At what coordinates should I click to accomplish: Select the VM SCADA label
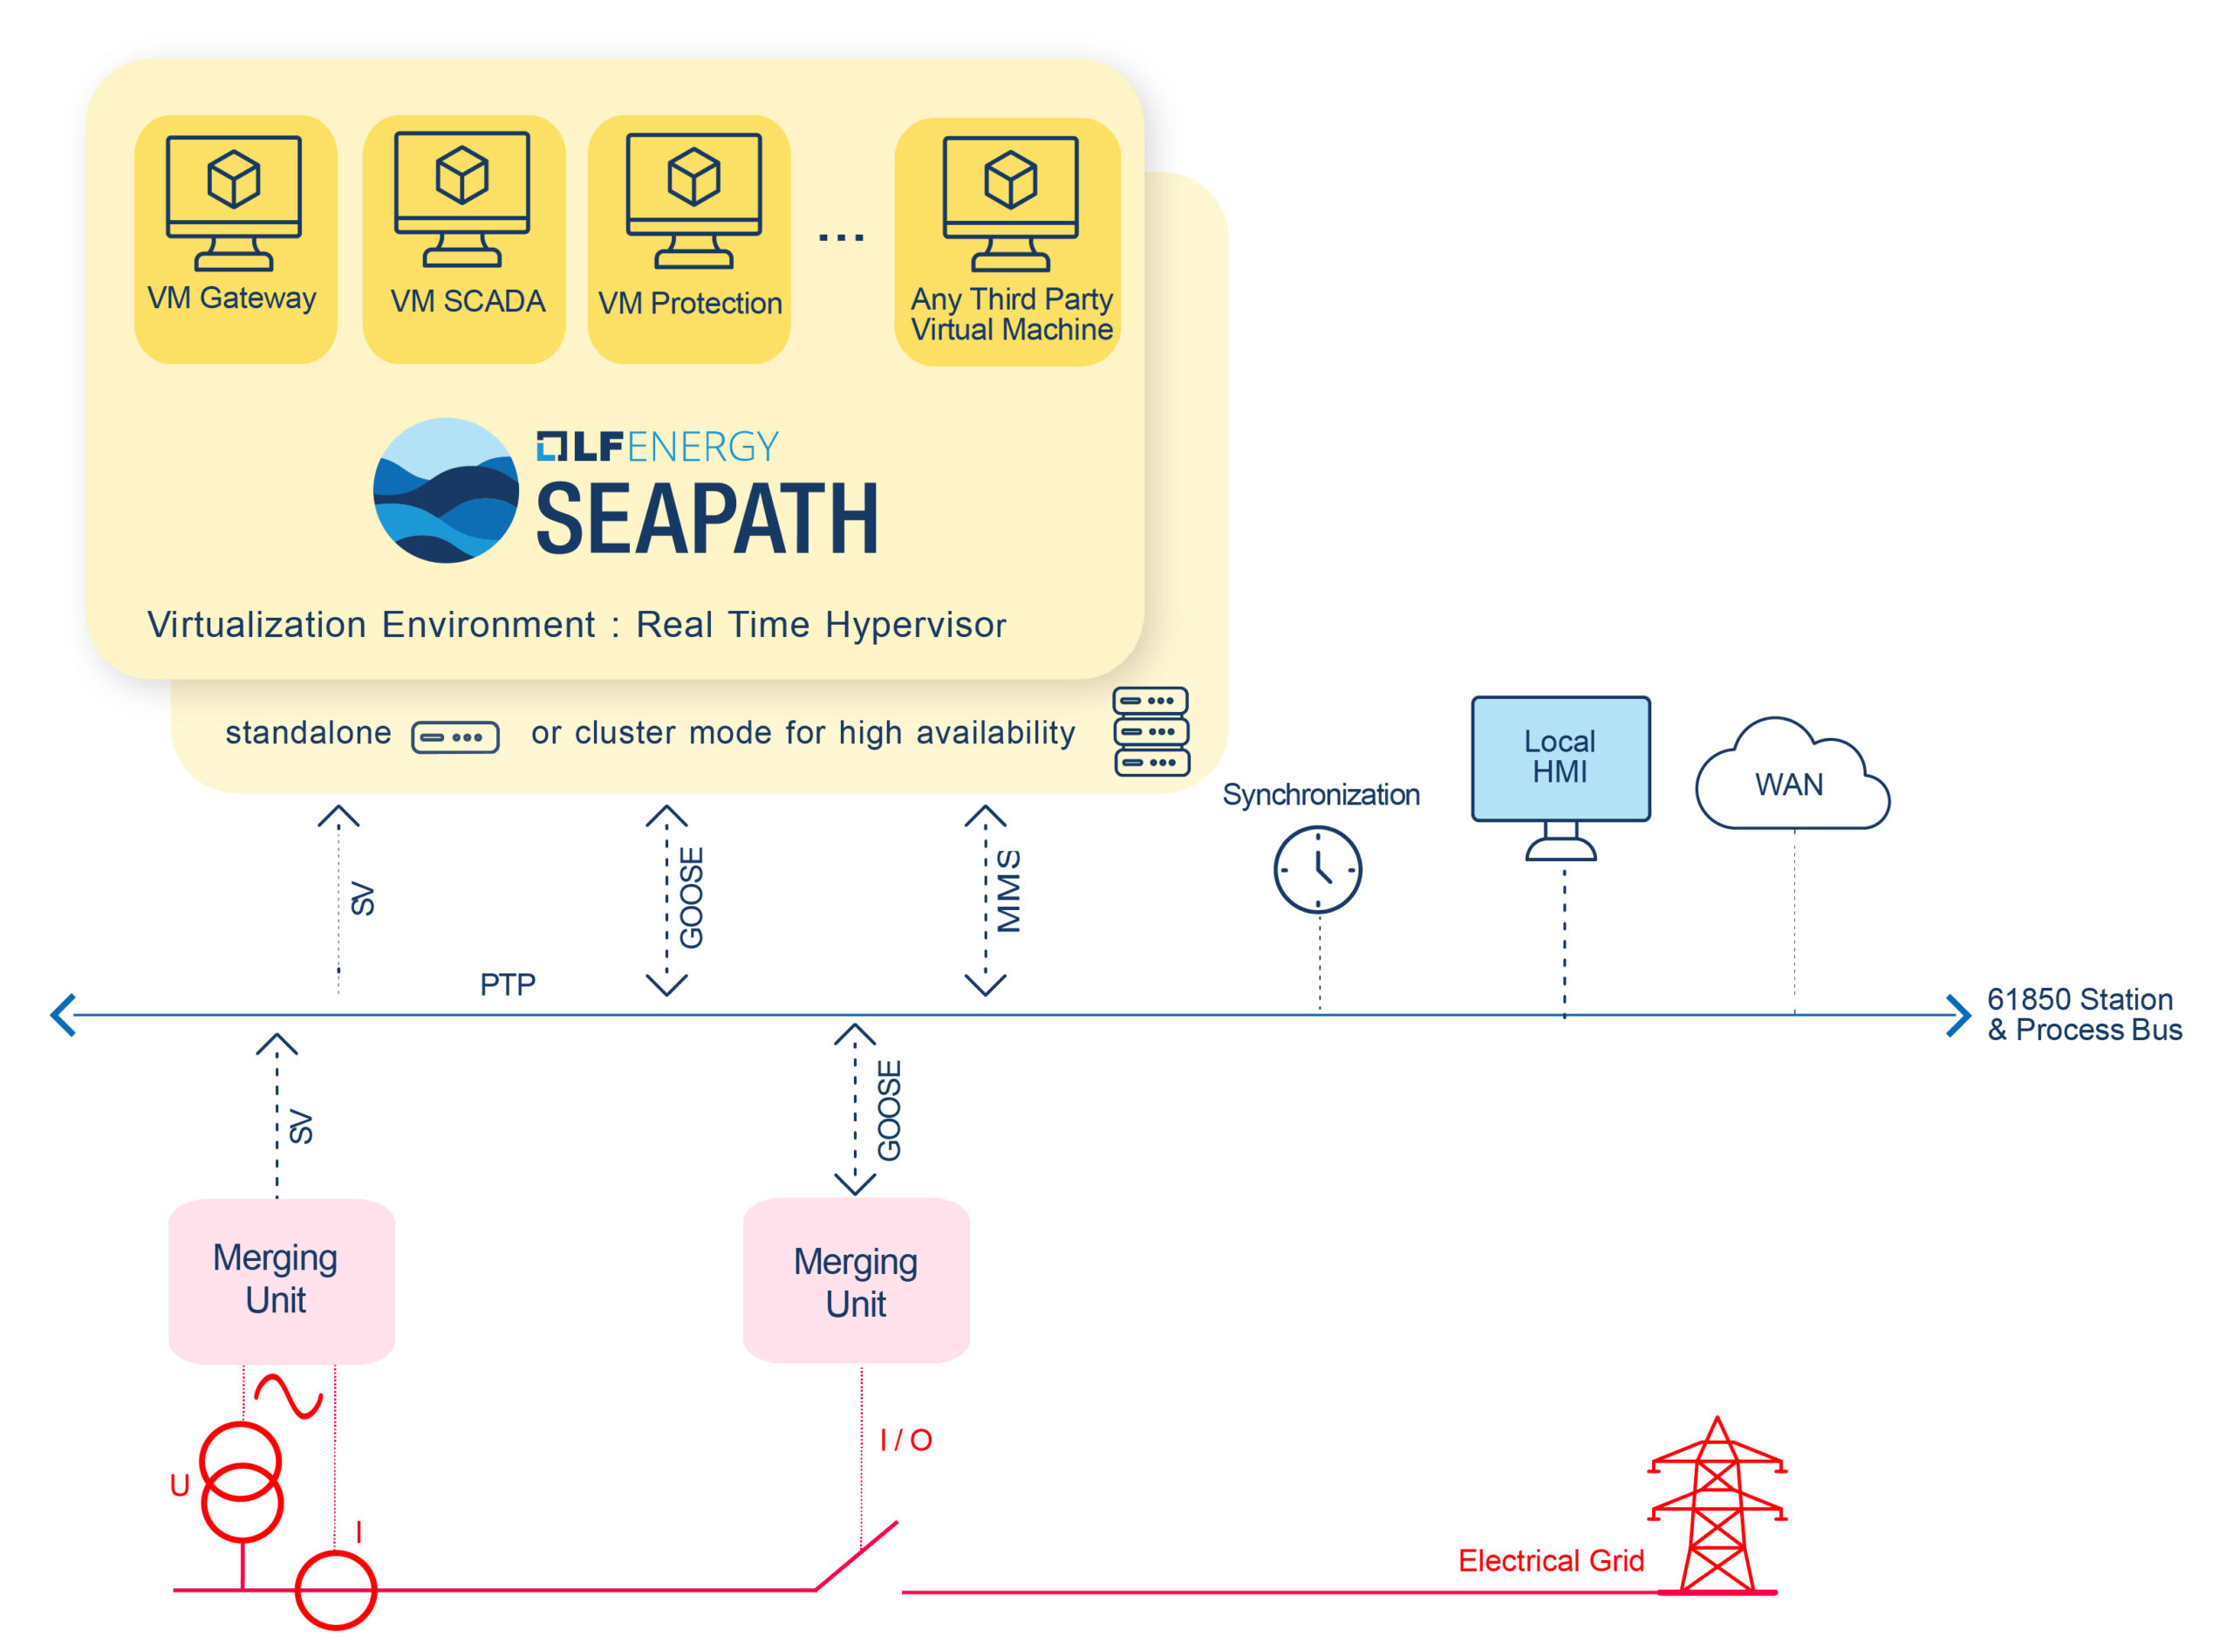click(x=468, y=301)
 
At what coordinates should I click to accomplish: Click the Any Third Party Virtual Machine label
click(x=1011, y=314)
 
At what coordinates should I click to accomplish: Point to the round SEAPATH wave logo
click(x=446, y=490)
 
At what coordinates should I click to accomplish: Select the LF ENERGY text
click(x=658, y=447)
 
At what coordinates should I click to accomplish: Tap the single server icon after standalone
click(x=454, y=737)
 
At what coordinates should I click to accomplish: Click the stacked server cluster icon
click(x=1151, y=731)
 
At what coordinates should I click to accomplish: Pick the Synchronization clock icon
click(x=1317, y=869)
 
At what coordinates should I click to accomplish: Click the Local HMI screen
click(x=1560, y=758)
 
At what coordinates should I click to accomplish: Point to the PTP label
click(x=508, y=985)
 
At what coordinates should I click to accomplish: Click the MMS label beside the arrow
click(x=1009, y=892)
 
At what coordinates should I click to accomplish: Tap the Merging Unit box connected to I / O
click(x=857, y=1281)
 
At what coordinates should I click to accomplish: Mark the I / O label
click(x=905, y=1440)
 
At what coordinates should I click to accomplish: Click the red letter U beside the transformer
click(x=180, y=1486)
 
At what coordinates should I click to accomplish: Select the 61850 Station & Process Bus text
click(x=2084, y=1013)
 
